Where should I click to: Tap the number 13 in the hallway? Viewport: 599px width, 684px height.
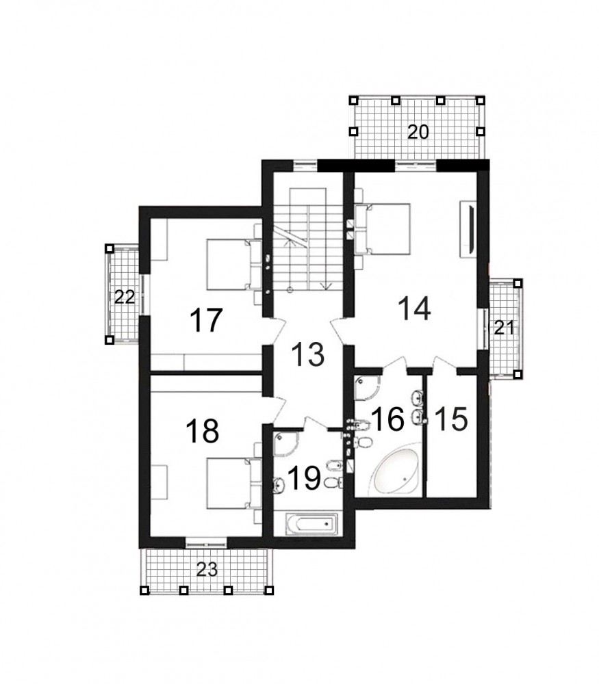308,354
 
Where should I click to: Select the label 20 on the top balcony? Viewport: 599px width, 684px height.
418,132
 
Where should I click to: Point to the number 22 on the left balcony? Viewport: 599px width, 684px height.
125,298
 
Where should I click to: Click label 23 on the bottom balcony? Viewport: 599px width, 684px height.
207,569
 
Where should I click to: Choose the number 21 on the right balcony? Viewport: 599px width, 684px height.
505,328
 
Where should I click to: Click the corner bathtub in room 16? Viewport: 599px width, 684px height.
394,471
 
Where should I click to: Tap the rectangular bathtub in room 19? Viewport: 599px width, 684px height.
311,524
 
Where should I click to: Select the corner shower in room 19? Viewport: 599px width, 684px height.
286,443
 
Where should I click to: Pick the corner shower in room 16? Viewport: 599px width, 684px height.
367,387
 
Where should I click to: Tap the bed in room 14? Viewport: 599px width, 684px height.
383,228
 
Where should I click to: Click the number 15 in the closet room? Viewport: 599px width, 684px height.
451,419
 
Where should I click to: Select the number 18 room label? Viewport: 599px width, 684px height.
202,430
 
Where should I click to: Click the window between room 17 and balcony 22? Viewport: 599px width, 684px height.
144,294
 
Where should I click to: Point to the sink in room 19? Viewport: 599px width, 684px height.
279,484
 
